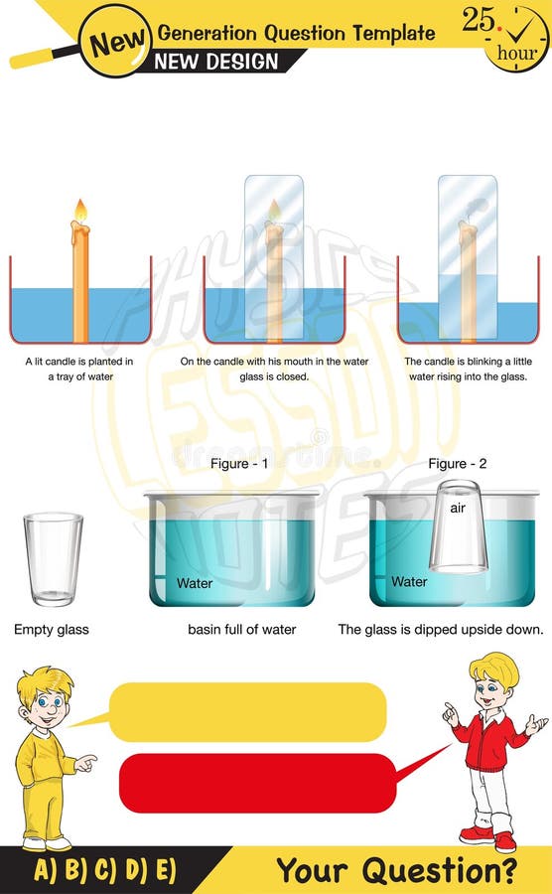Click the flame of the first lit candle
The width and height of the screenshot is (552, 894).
[80, 211]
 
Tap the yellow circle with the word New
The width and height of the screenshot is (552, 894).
[114, 42]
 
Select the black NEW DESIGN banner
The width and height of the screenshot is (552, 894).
[216, 62]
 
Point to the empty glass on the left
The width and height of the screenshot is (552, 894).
[53, 558]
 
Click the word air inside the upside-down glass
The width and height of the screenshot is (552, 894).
[458, 508]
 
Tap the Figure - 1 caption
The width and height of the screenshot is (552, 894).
[237, 464]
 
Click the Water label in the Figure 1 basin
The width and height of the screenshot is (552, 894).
[195, 583]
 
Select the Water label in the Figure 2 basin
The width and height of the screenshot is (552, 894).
[409, 581]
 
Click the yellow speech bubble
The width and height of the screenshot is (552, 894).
[246, 711]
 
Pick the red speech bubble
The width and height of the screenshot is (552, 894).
[256, 783]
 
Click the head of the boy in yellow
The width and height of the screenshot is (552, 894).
[45, 697]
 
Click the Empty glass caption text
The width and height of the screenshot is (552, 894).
[52, 630]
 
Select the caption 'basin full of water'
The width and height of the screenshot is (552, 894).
[241, 630]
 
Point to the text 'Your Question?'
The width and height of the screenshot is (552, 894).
[396, 871]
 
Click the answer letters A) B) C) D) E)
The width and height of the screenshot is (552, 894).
[105, 871]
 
